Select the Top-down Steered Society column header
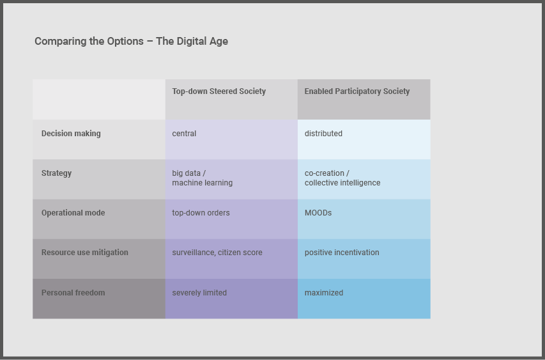coord(219,91)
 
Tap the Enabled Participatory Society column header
coord(357,91)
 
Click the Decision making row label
coord(71,134)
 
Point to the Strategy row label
coord(56,173)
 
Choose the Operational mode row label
coord(73,213)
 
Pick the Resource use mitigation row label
coord(85,253)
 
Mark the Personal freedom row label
coord(73,293)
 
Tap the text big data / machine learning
coord(203,178)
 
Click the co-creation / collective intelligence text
coord(342,178)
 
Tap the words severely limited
coord(199,293)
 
